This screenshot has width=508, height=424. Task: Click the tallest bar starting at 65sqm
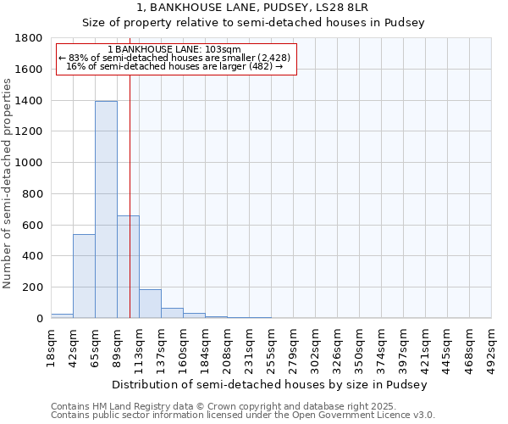106,209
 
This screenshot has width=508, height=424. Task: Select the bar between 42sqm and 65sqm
84,276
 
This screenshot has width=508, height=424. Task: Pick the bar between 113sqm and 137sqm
150,304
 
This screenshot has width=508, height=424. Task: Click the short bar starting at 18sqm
62,315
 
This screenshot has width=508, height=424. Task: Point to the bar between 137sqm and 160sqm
172,313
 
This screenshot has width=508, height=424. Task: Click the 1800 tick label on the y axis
29,38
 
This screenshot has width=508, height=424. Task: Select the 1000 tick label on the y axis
29,163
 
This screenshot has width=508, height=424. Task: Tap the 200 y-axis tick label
32,287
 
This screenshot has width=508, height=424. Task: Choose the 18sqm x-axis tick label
51,344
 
